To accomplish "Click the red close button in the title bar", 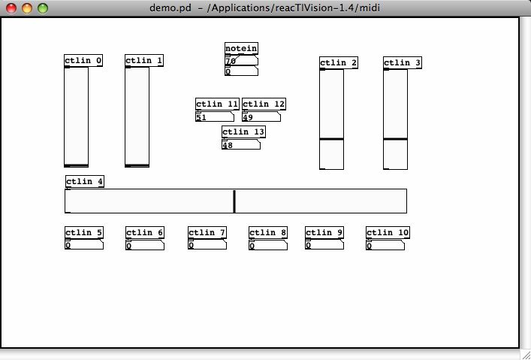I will [x=11, y=8].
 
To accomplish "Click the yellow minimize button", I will [x=27, y=8].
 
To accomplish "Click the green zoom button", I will [x=43, y=8].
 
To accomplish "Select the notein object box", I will [x=241, y=49].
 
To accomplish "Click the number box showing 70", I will [x=241, y=61].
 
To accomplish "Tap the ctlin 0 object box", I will [x=83, y=61].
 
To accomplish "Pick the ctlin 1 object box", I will [x=144, y=61].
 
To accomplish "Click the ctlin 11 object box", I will [x=217, y=104].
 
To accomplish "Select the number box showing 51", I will [x=215, y=117].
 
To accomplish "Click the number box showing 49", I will [x=261, y=117].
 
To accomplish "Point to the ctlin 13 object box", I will [x=243, y=132].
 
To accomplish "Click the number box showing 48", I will [x=241, y=145].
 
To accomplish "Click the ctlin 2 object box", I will [x=339, y=63].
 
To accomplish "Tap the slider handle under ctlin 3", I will [x=395, y=139].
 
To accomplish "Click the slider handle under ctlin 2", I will [x=332, y=139].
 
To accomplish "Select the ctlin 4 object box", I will [x=85, y=182].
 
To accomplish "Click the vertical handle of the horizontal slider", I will [x=234, y=201].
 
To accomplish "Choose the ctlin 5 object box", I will [x=84, y=233].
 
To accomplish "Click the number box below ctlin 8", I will [x=268, y=245].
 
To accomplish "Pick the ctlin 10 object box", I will [x=388, y=233].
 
